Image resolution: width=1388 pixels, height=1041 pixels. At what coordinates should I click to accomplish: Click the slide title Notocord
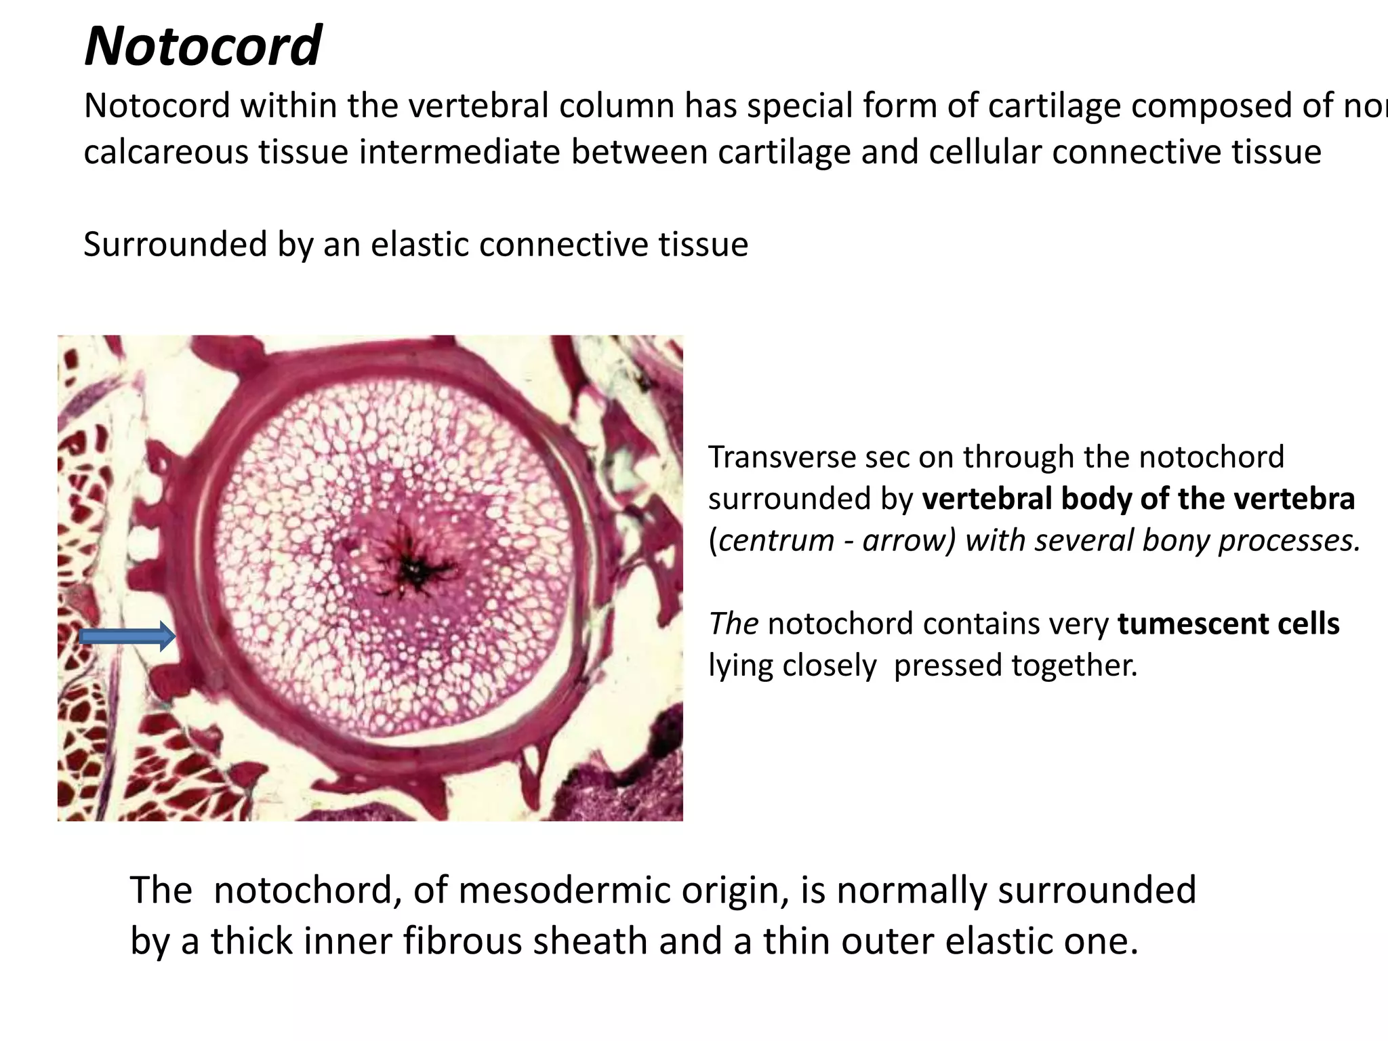pyautogui.click(x=203, y=46)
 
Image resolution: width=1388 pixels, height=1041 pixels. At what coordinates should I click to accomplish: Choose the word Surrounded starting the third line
pyautogui.click(x=175, y=244)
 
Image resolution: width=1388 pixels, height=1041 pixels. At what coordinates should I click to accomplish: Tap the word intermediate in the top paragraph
pyautogui.click(x=459, y=152)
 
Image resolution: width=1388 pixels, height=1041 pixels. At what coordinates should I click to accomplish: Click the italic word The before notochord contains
pyautogui.click(x=733, y=624)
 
